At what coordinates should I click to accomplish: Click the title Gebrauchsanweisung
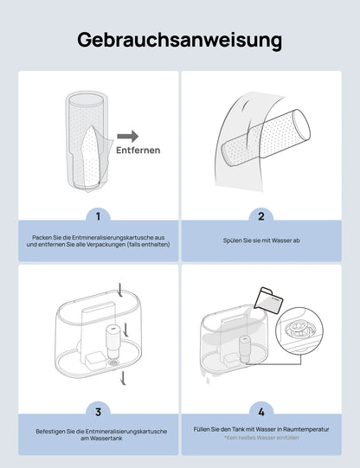click(179, 41)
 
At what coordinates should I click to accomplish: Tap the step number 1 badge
click(98, 216)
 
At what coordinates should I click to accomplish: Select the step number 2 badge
click(261, 216)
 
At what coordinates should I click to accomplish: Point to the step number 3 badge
click(98, 412)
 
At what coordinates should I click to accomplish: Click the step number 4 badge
click(261, 412)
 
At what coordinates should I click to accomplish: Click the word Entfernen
click(138, 151)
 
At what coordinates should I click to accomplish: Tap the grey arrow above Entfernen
click(128, 137)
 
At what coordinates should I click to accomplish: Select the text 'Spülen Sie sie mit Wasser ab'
click(261, 240)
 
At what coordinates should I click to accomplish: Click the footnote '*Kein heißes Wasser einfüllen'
click(261, 438)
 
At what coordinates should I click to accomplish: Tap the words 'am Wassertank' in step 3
click(101, 439)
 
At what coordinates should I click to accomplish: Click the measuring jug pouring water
click(268, 300)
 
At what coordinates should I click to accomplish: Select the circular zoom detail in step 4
click(299, 331)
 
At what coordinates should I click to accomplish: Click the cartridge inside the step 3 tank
click(113, 342)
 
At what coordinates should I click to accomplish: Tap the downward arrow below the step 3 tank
click(123, 378)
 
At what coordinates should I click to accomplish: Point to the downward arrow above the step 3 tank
click(120, 290)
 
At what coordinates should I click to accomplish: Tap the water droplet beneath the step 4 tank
click(208, 381)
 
